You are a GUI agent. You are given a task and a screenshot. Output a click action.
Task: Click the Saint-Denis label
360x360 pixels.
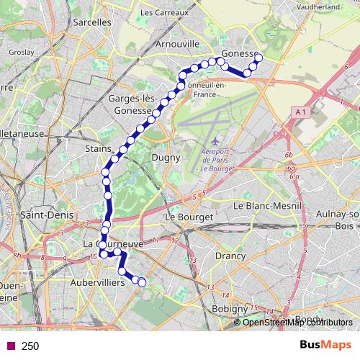[44, 215]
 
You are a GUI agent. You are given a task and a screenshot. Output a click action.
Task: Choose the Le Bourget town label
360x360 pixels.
[189, 216]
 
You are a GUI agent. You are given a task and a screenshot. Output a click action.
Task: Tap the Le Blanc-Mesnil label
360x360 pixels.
[266, 205]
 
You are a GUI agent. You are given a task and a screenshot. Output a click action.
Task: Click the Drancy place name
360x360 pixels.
[230, 255]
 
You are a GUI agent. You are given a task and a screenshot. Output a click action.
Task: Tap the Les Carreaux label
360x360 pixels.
[165, 12]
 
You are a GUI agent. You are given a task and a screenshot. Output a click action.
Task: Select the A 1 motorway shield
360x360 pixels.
[301, 111]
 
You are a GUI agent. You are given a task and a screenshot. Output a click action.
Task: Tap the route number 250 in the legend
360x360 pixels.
[30, 346]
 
